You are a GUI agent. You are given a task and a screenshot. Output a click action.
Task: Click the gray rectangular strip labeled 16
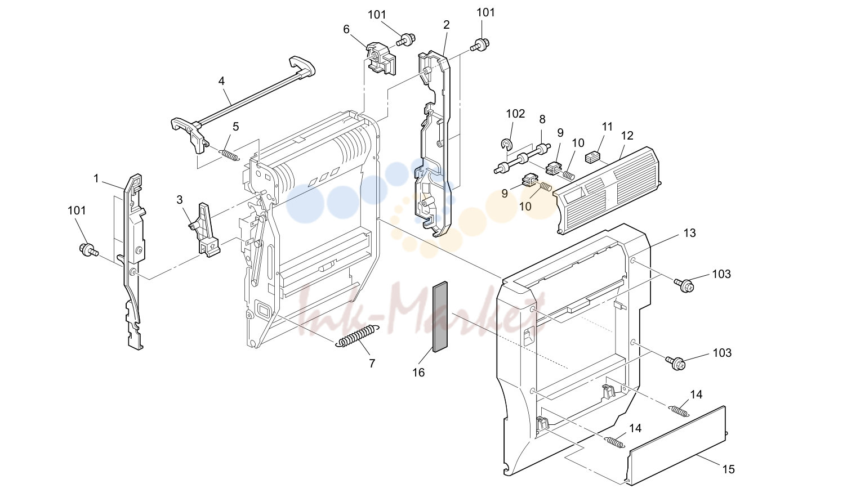tap(440, 317)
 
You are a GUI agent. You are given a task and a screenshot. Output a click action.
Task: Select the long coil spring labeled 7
tap(357, 335)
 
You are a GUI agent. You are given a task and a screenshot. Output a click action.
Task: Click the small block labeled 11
tap(592, 157)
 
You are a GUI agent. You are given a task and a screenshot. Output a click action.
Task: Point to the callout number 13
tap(690, 233)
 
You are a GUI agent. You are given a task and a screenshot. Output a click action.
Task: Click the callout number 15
tap(729, 469)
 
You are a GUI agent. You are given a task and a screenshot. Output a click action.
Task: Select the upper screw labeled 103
tap(684, 285)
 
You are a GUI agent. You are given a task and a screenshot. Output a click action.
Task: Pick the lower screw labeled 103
tap(675, 364)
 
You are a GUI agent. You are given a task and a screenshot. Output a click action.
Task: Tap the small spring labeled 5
tap(229, 155)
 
